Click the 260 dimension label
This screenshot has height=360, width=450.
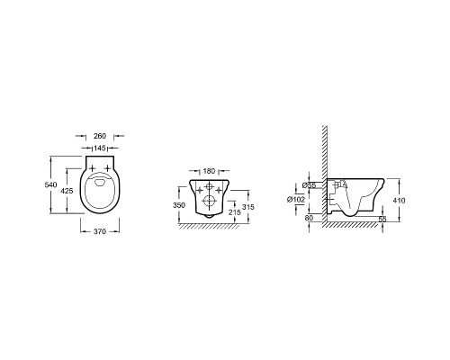(100, 136)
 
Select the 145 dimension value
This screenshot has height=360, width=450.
(100, 148)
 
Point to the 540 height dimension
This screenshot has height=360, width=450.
(50, 184)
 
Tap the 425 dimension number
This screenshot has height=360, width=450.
(67, 191)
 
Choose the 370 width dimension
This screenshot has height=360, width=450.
(100, 231)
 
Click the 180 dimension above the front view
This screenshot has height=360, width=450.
(209, 171)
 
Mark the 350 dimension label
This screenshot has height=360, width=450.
(179, 205)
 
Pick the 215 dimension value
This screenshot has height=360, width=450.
(235, 212)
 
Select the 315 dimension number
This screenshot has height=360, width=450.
(248, 207)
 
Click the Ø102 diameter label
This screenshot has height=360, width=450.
(296, 199)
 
